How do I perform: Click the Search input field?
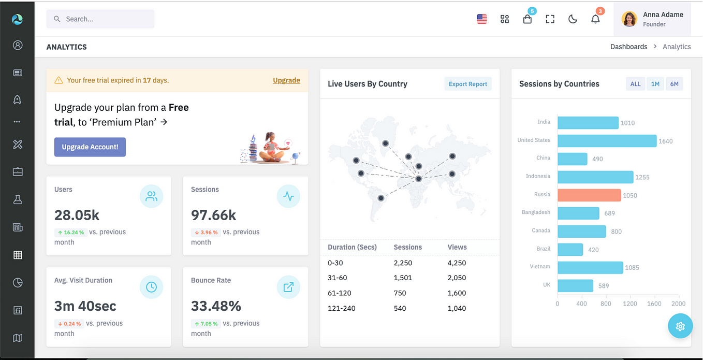click(x=100, y=19)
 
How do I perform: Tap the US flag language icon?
click(x=482, y=19)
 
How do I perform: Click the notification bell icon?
click(x=595, y=19)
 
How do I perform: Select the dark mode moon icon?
click(x=573, y=19)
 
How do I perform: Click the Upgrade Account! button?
click(x=90, y=147)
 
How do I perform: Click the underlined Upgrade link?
click(x=286, y=80)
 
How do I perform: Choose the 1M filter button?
click(x=655, y=84)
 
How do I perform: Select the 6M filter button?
click(x=674, y=84)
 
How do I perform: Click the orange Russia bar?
click(x=589, y=195)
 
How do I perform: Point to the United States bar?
click(x=607, y=141)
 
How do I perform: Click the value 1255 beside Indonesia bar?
click(x=642, y=177)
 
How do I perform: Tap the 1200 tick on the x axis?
click(x=630, y=304)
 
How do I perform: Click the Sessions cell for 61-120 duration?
click(x=400, y=293)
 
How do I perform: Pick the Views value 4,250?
click(x=457, y=263)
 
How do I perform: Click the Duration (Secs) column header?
click(x=352, y=247)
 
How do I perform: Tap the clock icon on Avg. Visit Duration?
click(x=151, y=287)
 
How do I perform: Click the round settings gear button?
click(x=680, y=326)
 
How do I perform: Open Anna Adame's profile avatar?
click(x=629, y=19)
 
